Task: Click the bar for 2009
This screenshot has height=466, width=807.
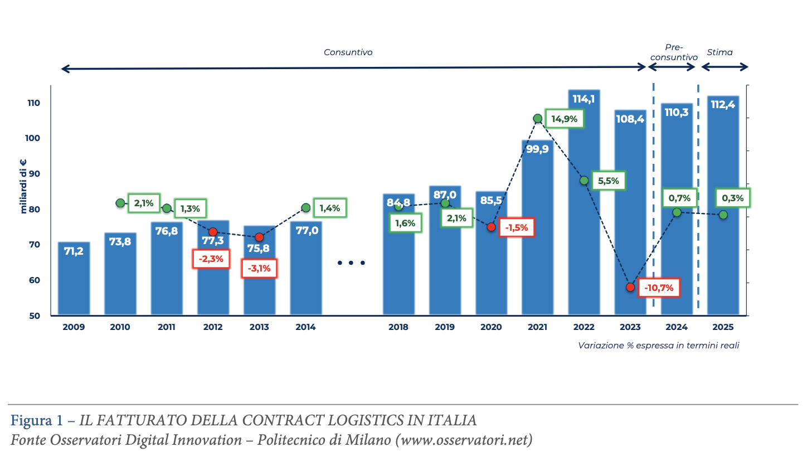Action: pos(74,279)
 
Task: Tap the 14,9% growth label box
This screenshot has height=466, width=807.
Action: pos(565,118)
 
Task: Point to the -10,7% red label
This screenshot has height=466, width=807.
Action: pos(659,288)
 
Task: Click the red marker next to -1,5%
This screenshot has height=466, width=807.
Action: pos(491,227)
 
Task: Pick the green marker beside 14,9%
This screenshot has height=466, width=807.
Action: pos(538,118)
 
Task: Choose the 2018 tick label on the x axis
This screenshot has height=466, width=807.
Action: pos(398,327)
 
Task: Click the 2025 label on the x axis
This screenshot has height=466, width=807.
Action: pos(723,327)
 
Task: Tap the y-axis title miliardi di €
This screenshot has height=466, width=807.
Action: pos(23,187)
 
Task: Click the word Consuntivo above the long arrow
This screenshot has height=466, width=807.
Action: pos(348,52)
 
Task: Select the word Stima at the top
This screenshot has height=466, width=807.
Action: pos(720,52)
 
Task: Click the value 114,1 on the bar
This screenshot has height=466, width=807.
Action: pos(584,99)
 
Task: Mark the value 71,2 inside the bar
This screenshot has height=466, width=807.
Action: pos(74,251)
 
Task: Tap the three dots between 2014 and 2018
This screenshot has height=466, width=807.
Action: pos(352,263)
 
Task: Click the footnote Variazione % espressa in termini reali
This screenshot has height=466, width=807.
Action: pos(658,346)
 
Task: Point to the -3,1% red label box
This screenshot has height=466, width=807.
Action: pos(259,268)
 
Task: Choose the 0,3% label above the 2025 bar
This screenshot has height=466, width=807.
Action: pos(732,197)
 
